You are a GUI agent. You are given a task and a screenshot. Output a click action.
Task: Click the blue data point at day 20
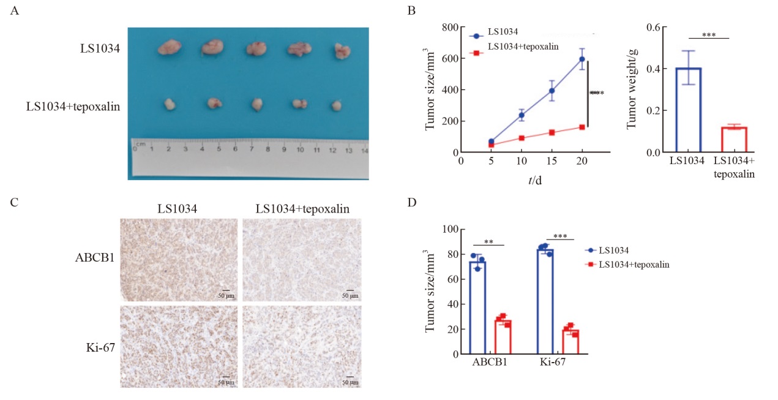click(x=583, y=59)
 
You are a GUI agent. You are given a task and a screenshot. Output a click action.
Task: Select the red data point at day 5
click(x=492, y=145)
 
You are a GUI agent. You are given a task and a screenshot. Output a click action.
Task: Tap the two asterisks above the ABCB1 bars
click(x=488, y=241)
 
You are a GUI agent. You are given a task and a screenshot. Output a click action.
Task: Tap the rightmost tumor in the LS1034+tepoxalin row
click(x=336, y=105)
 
